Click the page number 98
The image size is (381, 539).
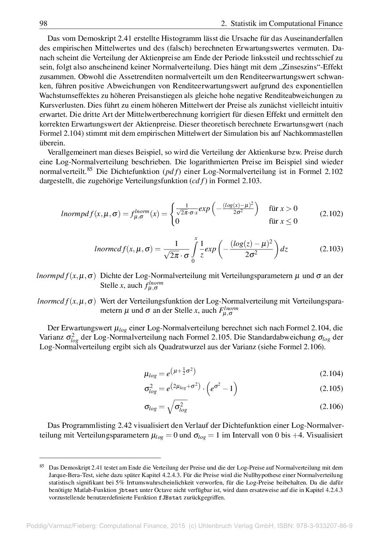(x=43, y=23)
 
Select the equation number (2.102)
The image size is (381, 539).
(x=331, y=214)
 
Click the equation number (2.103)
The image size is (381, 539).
(x=331, y=249)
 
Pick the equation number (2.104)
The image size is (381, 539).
(x=331, y=374)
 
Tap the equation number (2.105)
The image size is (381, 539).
(x=331, y=388)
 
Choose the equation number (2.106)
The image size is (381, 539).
(x=331, y=406)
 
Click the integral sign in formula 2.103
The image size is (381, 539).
(x=194, y=249)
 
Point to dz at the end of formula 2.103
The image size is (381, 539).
(x=284, y=249)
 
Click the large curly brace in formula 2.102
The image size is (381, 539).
(x=173, y=214)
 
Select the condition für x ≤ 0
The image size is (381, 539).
(x=283, y=221)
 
